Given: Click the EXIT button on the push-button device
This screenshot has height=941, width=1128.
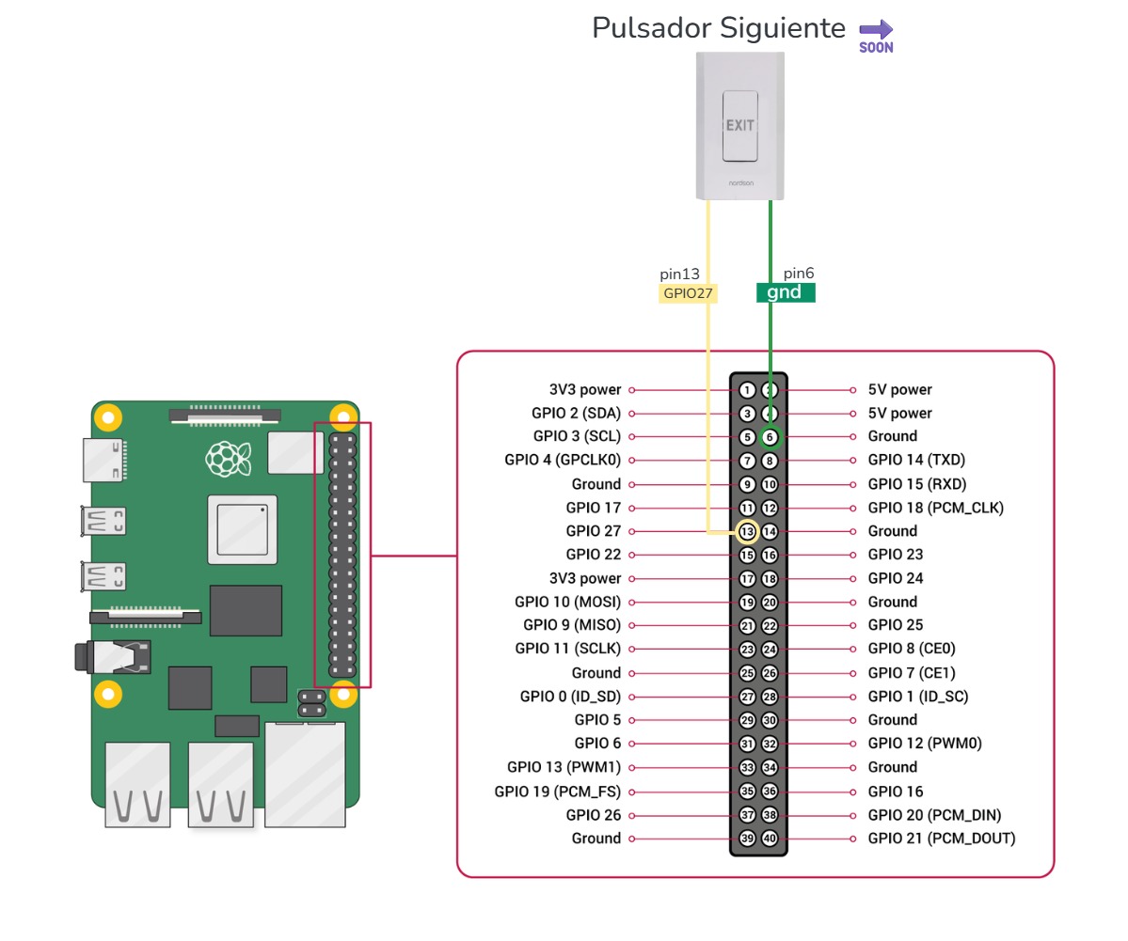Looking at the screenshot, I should [x=739, y=126].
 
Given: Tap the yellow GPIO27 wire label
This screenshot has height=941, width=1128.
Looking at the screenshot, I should [x=688, y=293].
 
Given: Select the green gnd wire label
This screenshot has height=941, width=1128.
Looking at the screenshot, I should [x=786, y=292].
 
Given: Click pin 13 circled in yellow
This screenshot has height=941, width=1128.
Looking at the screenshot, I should [x=747, y=532].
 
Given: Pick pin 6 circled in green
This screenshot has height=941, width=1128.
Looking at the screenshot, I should [x=770, y=437].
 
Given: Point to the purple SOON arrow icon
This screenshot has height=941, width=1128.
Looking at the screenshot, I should [x=876, y=36].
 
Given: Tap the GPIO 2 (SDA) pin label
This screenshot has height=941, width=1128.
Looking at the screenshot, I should [x=576, y=414].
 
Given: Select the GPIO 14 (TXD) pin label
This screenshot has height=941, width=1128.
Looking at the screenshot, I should [x=916, y=461].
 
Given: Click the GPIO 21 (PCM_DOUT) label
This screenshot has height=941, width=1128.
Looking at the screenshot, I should [x=941, y=839].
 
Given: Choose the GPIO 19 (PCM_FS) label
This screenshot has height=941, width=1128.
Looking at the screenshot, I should [x=557, y=792].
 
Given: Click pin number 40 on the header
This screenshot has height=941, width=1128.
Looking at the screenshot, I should [x=770, y=839].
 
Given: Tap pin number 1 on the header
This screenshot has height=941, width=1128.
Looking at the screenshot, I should [x=747, y=390].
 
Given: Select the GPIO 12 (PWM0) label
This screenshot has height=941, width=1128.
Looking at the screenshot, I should [x=924, y=744].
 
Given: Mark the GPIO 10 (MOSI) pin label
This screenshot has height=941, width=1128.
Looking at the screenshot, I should [x=567, y=603].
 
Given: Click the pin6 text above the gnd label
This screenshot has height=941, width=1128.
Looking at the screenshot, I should [x=799, y=274].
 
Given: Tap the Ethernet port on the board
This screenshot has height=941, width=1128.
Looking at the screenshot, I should [x=305, y=774].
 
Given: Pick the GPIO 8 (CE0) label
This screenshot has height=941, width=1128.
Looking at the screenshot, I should [x=911, y=649].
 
